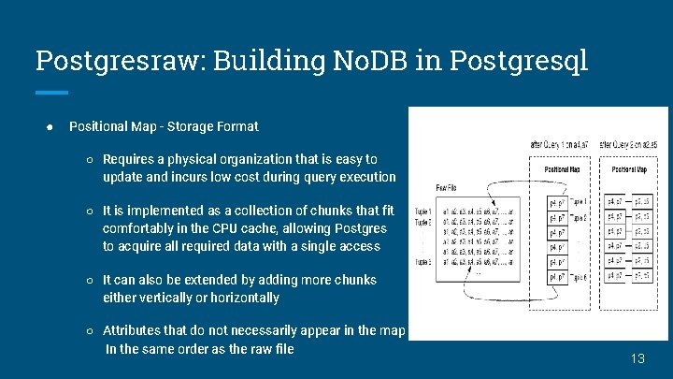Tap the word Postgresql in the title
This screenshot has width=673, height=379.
519,62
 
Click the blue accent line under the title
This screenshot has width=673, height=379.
51,92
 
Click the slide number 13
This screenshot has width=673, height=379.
638,358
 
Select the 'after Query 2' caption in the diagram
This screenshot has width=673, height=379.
635,145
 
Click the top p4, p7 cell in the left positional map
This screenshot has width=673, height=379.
557,201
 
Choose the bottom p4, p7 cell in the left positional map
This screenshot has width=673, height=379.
557,277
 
